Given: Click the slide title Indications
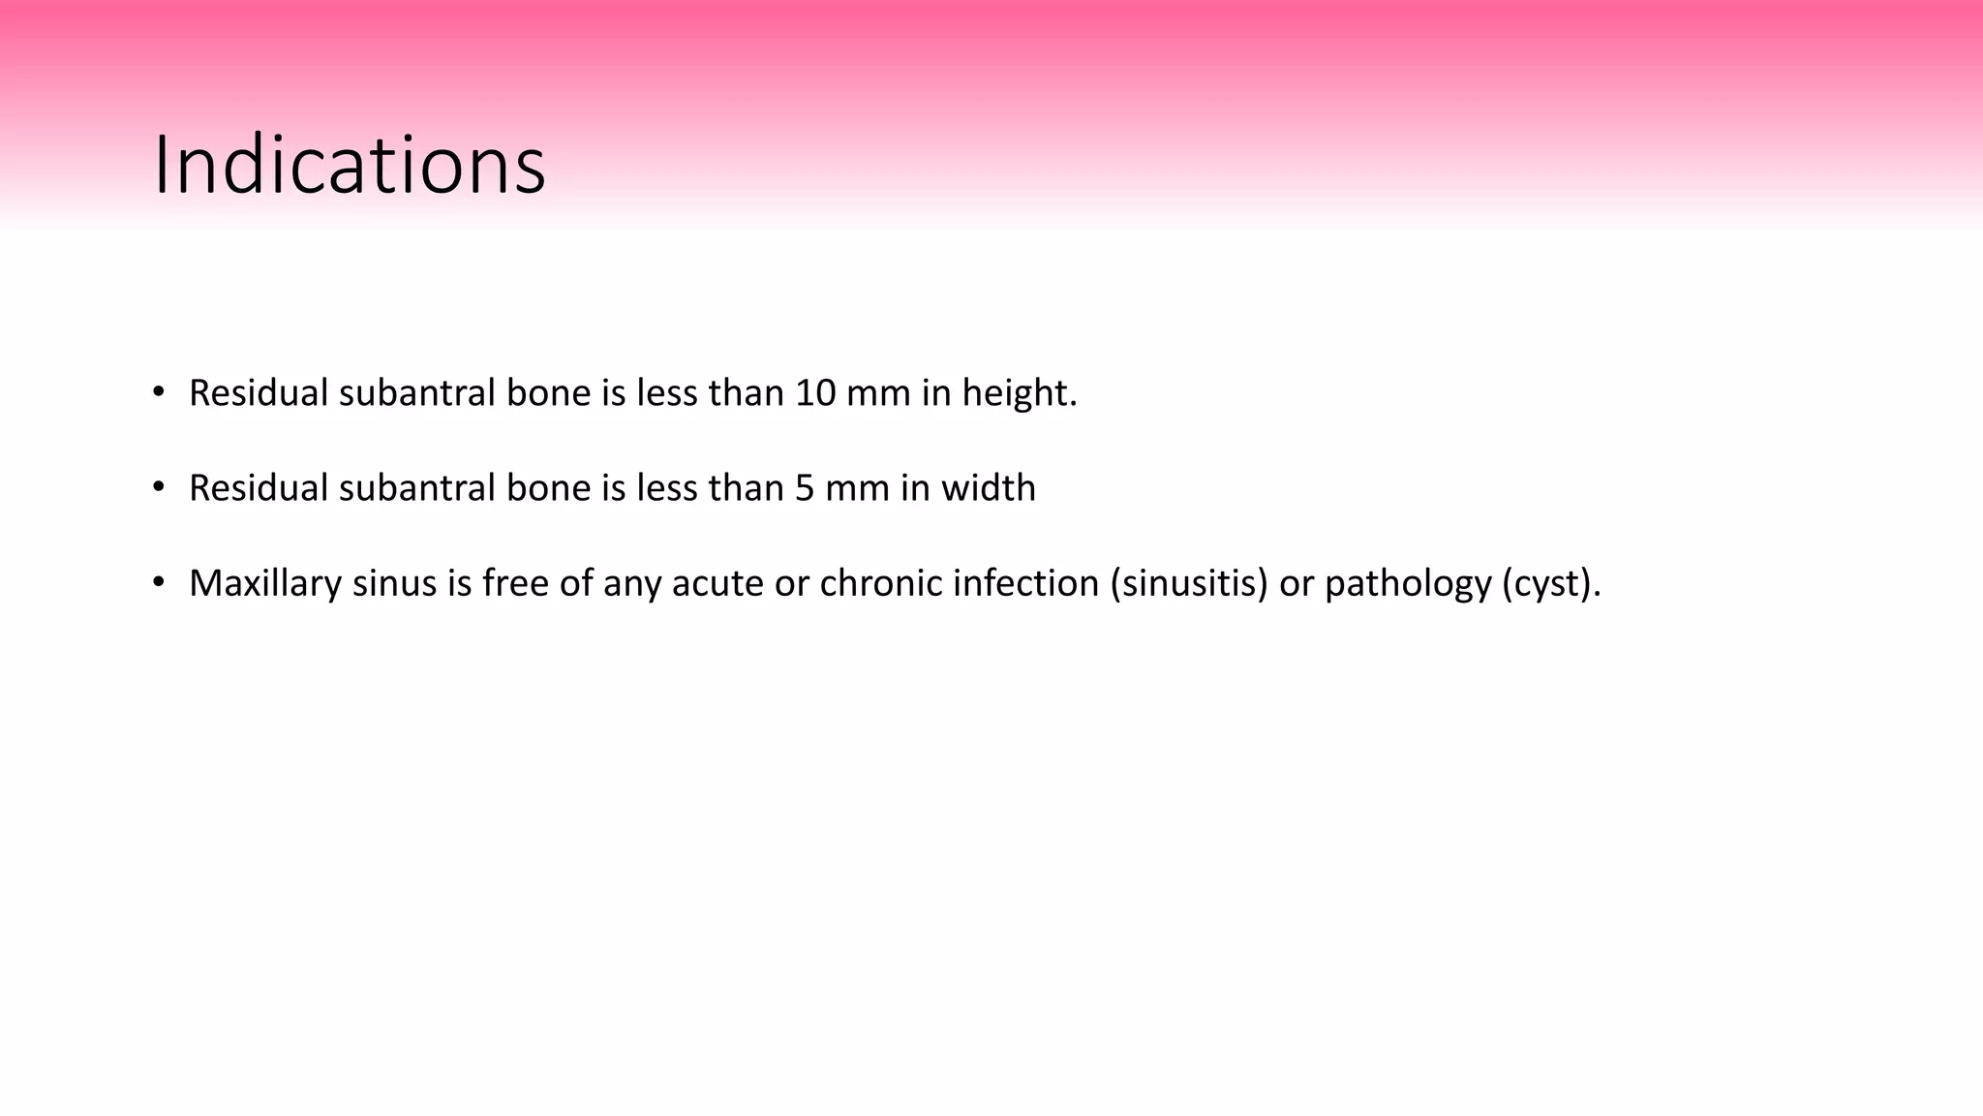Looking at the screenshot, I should (350, 166).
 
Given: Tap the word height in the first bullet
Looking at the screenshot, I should (1018, 393).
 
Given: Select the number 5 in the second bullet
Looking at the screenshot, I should (805, 488).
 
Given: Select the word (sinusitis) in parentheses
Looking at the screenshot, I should (1188, 583).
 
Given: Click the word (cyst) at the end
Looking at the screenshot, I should (1549, 583).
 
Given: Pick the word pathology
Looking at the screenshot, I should (1408, 583).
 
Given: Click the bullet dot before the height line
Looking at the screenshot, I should (159, 392).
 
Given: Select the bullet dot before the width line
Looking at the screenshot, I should (159, 487).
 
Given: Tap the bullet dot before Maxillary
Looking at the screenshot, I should (159, 582).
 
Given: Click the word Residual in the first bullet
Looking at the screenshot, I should (259, 393).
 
